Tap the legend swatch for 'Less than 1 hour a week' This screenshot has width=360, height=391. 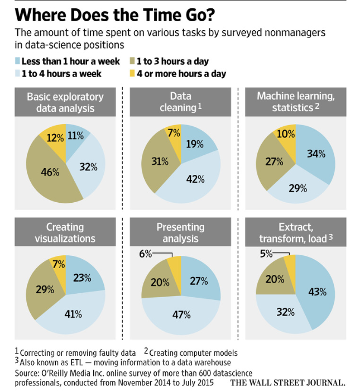pyautogui.click(x=18, y=61)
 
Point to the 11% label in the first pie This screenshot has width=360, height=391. pyautogui.click(x=75, y=135)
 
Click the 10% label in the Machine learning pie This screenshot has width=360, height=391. pyautogui.click(x=285, y=135)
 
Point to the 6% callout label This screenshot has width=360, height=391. pyautogui.click(x=145, y=254)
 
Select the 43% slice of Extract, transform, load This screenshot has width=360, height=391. pyautogui.click(x=316, y=292)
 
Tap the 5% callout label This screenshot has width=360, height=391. pyautogui.click(x=266, y=254)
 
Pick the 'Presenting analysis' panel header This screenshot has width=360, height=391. pyautogui.click(x=180, y=232)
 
